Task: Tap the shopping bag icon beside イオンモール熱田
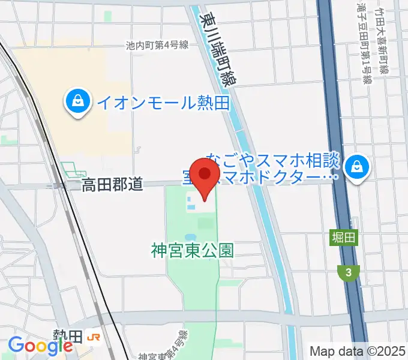79,101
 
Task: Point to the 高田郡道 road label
112,185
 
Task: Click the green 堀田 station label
343,238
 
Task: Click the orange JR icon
93,338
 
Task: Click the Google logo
41,346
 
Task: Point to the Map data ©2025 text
357,350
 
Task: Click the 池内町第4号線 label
158,45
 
